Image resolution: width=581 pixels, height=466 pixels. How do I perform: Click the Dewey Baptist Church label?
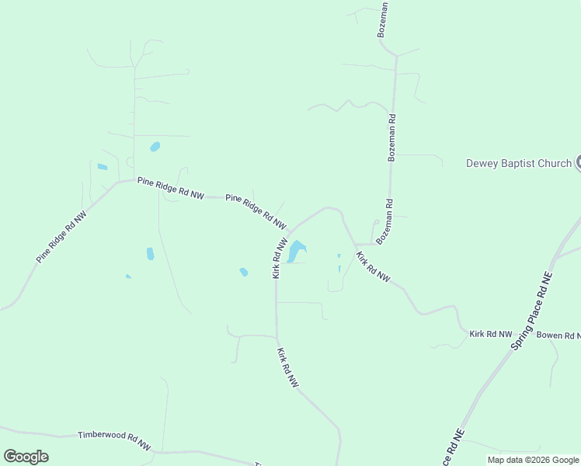click(x=518, y=163)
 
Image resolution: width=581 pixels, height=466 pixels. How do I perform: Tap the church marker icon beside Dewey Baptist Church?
click(x=579, y=162)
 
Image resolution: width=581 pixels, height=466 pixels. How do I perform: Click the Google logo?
click(x=26, y=457)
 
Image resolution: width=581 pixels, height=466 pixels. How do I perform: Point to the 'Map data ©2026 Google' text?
click(x=534, y=460)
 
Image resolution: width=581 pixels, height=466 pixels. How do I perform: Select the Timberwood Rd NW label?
click(x=114, y=440)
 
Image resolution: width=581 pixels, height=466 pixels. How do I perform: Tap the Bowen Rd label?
click(x=558, y=336)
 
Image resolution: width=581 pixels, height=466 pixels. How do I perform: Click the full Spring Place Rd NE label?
click(x=532, y=310)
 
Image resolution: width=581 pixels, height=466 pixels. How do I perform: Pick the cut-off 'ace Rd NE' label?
click(x=453, y=449)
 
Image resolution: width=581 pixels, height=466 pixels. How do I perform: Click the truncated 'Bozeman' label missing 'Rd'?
click(x=383, y=19)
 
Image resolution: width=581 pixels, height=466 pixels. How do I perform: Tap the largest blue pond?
click(x=296, y=252)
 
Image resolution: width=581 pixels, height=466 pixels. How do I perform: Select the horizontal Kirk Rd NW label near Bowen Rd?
click(x=491, y=334)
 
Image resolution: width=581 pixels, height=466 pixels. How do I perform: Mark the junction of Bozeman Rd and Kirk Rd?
click(x=357, y=244)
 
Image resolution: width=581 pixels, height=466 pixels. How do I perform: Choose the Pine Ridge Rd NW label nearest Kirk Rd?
click(x=256, y=210)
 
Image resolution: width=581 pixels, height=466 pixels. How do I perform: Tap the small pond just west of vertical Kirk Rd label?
click(x=244, y=272)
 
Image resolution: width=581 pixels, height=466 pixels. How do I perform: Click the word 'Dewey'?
click(x=482, y=163)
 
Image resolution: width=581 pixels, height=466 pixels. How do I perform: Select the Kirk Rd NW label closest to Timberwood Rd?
click(x=287, y=367)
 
